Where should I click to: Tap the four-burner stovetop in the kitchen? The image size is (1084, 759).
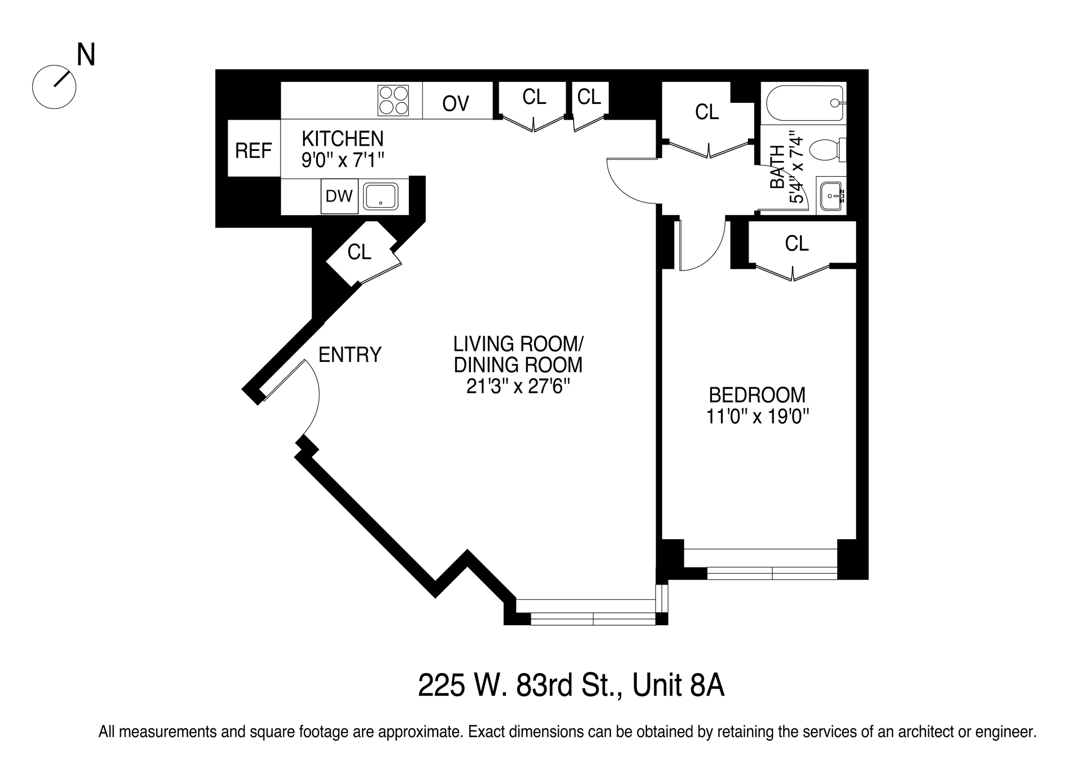coord(393,101)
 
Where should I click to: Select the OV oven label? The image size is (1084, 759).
coord(456,104)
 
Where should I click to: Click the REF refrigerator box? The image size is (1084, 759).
coord(253,150)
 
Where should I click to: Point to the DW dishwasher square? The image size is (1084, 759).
coord(339,197)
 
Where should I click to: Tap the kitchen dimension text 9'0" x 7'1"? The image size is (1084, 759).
coord(343,160)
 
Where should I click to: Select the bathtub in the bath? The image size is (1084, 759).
coord(804,103)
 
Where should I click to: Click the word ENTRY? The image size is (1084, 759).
coord(350,355)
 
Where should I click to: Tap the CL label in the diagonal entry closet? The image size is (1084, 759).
coord(359,252)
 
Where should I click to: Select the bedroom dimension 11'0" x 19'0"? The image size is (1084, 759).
coord(758,417)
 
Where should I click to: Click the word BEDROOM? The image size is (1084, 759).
coord(757,395)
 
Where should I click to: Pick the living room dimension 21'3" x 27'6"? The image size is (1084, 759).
coord(518,387)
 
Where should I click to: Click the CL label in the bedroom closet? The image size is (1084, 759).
coord(796,243)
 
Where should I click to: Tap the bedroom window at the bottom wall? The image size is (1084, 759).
coord(771,573)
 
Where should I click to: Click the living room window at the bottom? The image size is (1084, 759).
coord(593,619)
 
